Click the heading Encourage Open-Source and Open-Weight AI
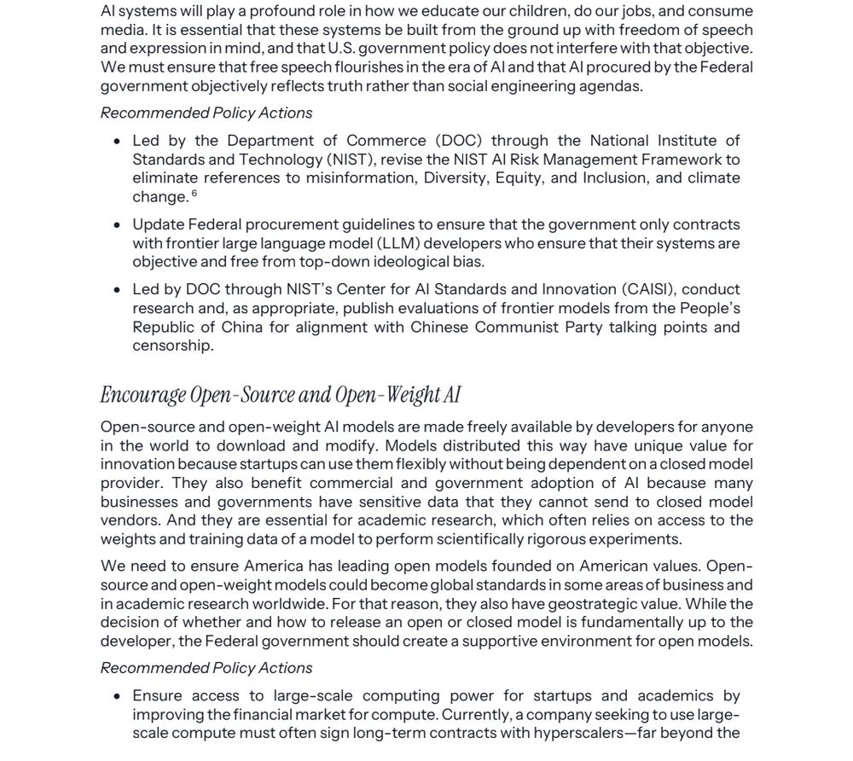click(x=281, y=395)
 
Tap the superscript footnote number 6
click(x=194, y=194)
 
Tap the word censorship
click(x=173, y=346)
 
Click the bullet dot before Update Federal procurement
click(x=118, y=225)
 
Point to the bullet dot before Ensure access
click(x=118, y=696)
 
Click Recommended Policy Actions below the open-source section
click(x=206, y=668)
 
